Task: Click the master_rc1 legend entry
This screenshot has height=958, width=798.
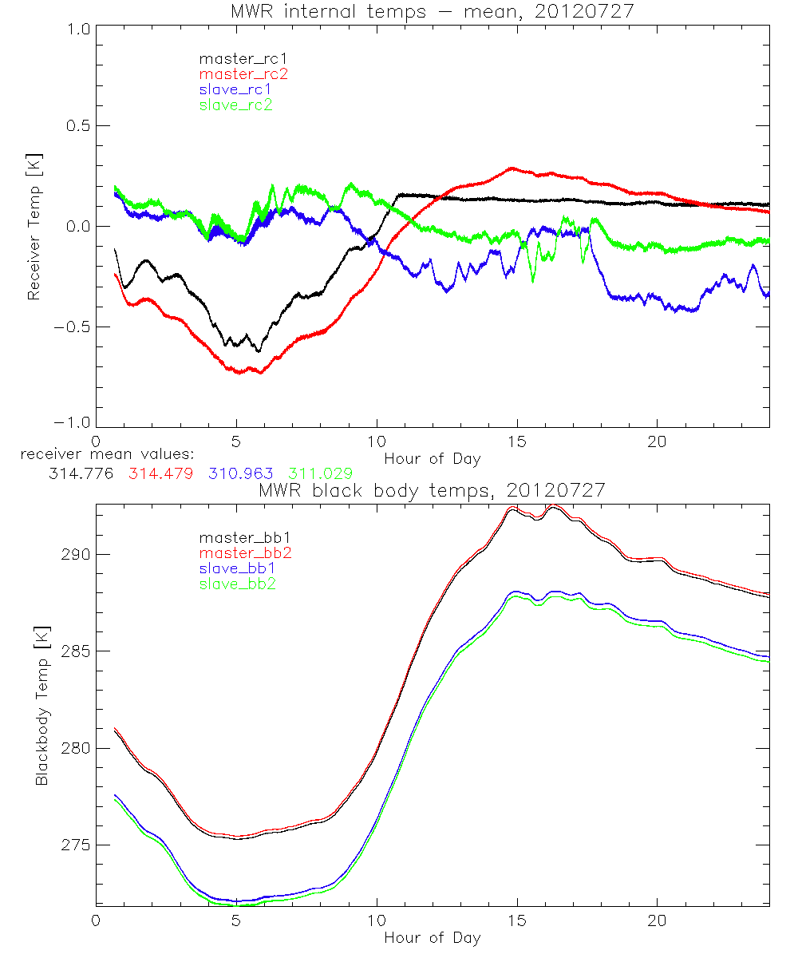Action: (x=235, y=58)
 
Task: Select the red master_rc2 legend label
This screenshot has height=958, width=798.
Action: (x=235, y=73)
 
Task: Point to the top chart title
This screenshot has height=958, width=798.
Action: (x=433, y=11)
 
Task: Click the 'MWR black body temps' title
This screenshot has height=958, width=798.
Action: (x=433, y=490)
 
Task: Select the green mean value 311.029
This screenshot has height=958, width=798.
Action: (x=320, y=474)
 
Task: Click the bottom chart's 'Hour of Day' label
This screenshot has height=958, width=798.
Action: (x=433, y=938)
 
